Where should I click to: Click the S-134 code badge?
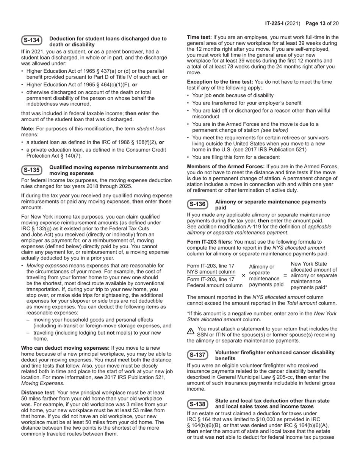point(32,41)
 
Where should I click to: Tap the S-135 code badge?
point(32,170)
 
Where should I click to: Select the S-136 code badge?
point(197,204)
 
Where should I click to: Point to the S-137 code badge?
point(197,355)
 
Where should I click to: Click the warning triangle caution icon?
point(191,331)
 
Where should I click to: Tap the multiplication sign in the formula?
point(243,275)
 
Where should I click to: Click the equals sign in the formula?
point(285,275)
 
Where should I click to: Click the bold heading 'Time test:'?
point(199,37)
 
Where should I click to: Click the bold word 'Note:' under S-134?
point(28,128)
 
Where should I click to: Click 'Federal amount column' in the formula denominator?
point(215,285)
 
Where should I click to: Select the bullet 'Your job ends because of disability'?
point(233,95)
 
